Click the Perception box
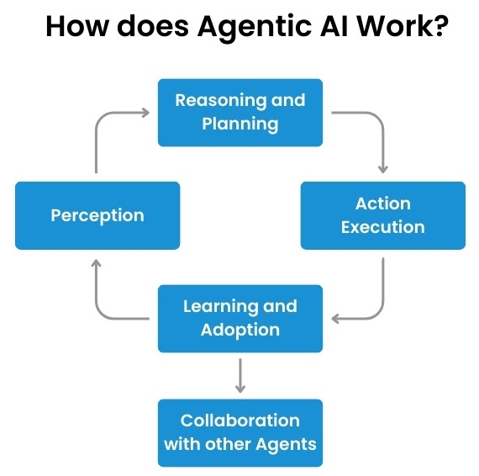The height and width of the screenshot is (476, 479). (97, 215)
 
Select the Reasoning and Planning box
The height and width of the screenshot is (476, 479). (240, 113)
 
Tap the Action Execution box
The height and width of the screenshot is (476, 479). (383, 215)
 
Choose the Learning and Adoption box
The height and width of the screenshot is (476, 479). (240, 319)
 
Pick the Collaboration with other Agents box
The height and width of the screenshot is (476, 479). (240, 433)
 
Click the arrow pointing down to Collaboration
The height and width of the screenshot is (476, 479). (240, 375)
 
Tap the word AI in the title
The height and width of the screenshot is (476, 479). (334, 26)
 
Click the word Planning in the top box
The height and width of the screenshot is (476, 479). (240, 124)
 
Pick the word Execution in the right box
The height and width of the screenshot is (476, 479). (383, 227)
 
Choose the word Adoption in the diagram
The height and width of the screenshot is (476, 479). (240, 331)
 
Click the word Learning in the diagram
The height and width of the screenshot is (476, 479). (218, 307)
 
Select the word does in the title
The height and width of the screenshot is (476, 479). (153, 26)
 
